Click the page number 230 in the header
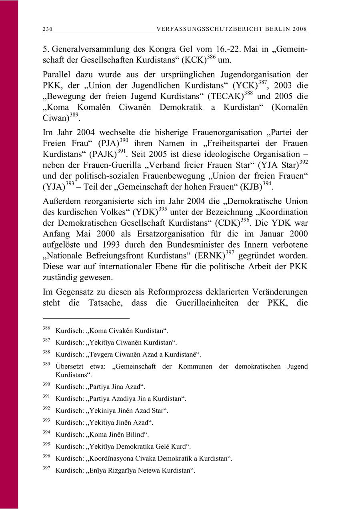48,29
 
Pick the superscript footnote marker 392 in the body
304,161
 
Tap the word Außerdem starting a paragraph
60,201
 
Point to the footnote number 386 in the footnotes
46,329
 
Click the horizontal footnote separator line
86,318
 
